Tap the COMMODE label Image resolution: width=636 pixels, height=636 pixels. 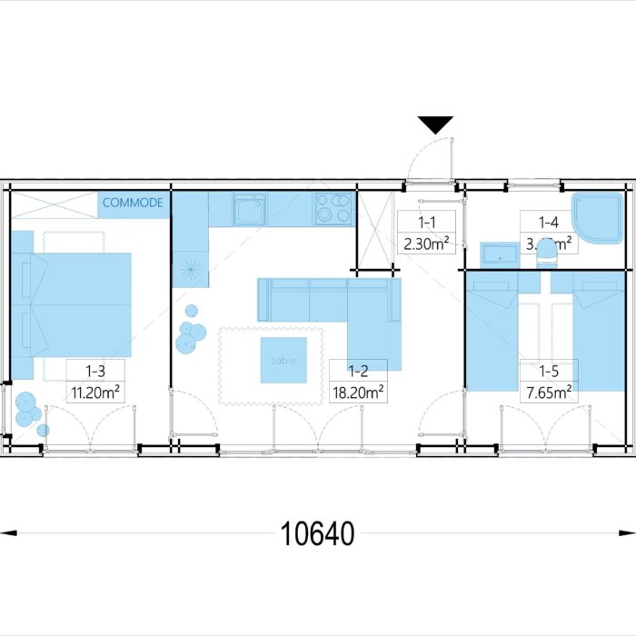pos(133,203)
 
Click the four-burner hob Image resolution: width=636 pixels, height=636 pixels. pos(333,208)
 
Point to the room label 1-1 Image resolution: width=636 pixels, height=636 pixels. pos(426,222)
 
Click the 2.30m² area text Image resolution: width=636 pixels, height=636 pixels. pos(426,243)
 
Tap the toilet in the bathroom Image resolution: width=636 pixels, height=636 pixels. pos(548,255)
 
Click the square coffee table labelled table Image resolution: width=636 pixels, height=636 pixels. pos(283,360)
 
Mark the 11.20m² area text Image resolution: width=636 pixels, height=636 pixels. pos(96,392)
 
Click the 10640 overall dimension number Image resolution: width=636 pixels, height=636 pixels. pos(317,534)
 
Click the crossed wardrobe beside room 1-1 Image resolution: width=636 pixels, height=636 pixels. pos(376,232)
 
